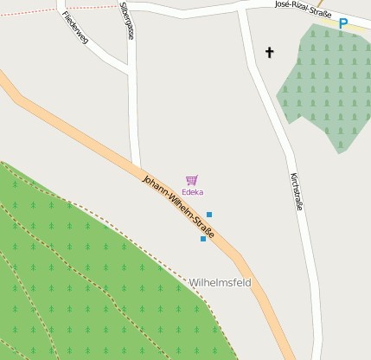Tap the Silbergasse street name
point(128,21)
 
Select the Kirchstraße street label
point(297,191)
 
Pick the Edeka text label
point(192,192)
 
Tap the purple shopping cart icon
point(192,180)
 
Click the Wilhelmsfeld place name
point(220,283)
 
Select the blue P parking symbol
point(342,24)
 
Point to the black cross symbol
point(269,53)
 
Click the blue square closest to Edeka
point(209,215)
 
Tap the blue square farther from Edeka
point(203,239)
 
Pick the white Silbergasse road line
point(133,112)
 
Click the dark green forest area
point(86,277)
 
